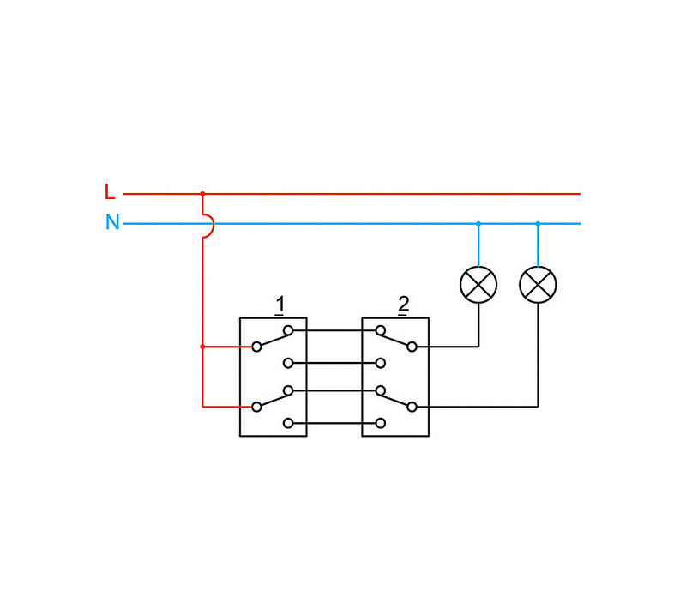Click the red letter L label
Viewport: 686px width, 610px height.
coord(109,192)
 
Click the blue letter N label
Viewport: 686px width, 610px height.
coord(112,223)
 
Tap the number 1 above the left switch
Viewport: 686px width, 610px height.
coord(280,305)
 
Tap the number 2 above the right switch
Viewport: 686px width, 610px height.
coord(404,305)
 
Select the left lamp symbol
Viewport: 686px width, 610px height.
coord(478,285)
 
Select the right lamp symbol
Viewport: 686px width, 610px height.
coord(539,285)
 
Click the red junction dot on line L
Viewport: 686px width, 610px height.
coord(202,194)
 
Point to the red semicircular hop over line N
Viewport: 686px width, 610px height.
coord(208,224)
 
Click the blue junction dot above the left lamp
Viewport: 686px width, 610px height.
coord(478,224)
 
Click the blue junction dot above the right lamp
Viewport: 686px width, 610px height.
coord(539,224)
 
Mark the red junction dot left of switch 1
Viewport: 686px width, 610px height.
coord(202,347)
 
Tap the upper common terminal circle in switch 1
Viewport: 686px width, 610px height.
coord(256,347)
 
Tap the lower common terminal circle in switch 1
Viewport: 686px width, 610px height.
coord(256,406)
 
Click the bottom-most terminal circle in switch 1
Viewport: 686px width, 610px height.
coord(288,423)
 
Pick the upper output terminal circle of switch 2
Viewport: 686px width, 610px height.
coord(412,347)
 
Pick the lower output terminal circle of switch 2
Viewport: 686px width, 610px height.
coord(412,406)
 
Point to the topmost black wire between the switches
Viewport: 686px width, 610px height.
coord(334,330)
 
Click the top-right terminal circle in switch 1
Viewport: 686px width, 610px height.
coord(288,330)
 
